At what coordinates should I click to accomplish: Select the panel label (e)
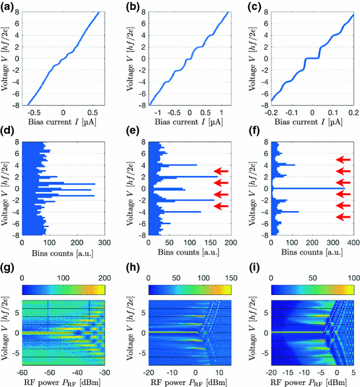(132, 136)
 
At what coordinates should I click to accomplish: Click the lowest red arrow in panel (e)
(226, 206)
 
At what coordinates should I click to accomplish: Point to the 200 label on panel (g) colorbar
(107, 275)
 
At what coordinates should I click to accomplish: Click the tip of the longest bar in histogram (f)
(343, 189)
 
